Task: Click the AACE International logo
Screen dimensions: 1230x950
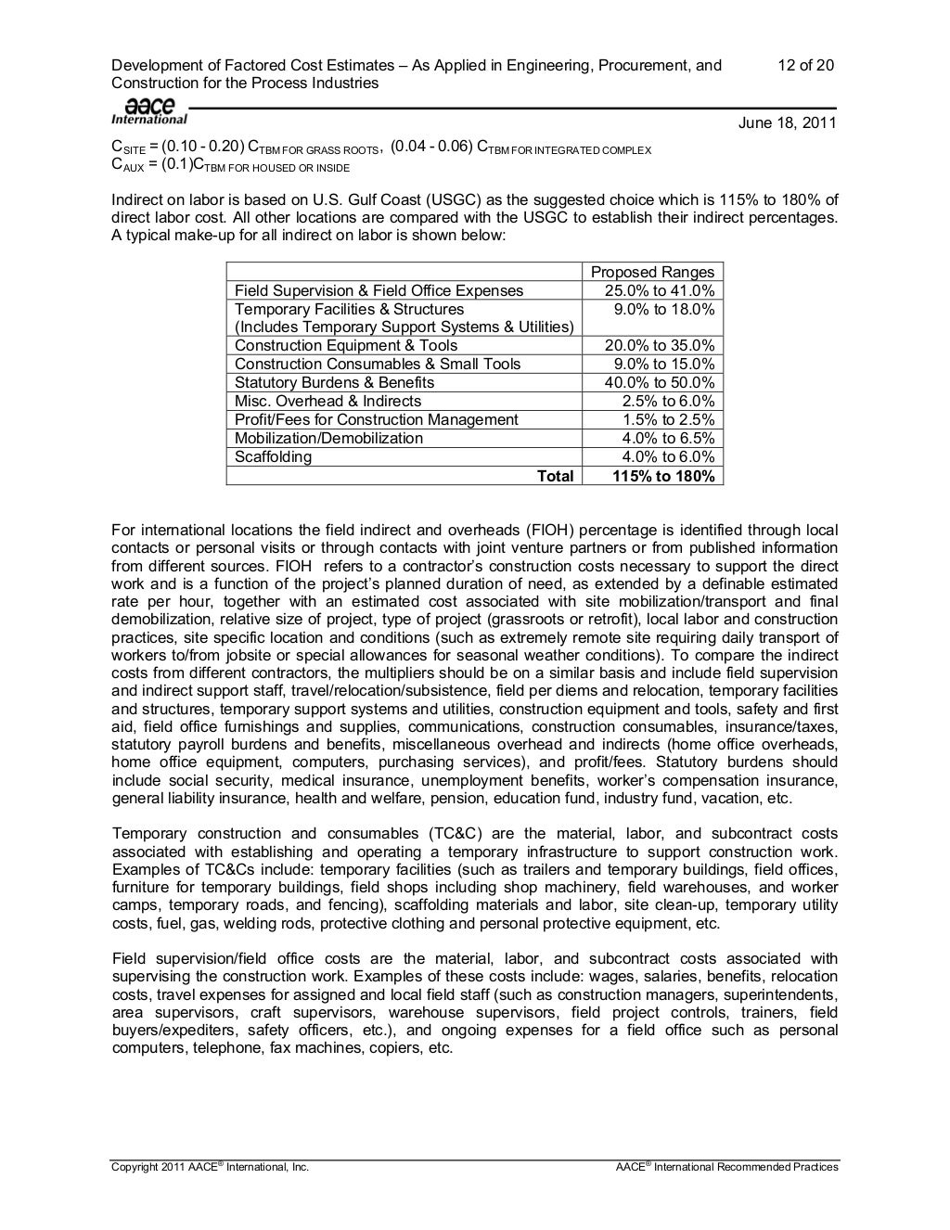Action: [x=148, y=110]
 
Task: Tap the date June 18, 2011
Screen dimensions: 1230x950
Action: [x=787, y=123]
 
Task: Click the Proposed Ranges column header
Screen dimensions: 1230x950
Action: [x=652, y=272]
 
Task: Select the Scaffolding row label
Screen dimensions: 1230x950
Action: [x=274, y=456]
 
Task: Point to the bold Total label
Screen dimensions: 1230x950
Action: [x=555, y=476]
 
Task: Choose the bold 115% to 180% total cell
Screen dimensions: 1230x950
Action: [x=663, y=476]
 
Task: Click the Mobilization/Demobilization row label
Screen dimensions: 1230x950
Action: [x=328, y=438]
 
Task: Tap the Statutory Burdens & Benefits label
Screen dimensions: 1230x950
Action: [x=334, y=382]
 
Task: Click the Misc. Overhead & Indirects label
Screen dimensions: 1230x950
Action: [x=327, y=401]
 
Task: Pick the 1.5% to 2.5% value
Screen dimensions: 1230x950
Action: [x=668, y=419]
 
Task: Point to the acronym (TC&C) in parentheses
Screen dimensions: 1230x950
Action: [x=457, y=834]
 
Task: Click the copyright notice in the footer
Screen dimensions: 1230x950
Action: [x=210, y=1167]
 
